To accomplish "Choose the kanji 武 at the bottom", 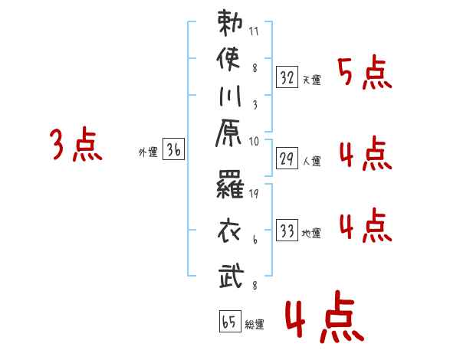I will [231, 273].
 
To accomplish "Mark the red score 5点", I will [363, 74].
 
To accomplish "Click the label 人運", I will [311, 162].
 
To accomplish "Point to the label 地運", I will [311, 233].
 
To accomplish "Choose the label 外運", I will [148, 153].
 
